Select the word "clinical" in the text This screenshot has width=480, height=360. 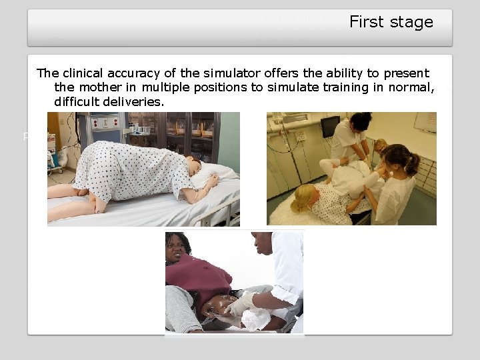[85, 73]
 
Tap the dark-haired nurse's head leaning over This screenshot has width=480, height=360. [360, 121]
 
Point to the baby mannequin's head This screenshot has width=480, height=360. [217, 308]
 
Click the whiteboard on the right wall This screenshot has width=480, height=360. [425, 122]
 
